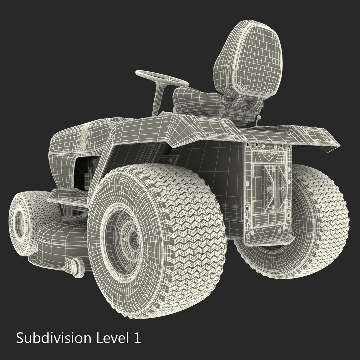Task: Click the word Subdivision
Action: (53, 338)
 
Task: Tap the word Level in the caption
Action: (110, 338)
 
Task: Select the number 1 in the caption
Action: (137, 338)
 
